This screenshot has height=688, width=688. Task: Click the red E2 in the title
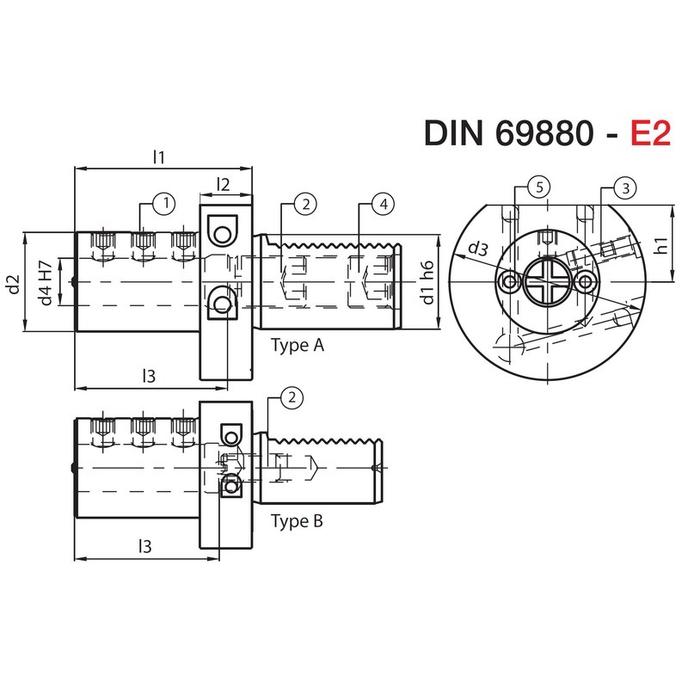[x=651, y=133]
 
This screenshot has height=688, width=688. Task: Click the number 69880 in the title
[x=544, y=133]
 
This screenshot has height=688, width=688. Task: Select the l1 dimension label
[x=159, y=157]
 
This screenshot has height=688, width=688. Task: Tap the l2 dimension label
[x=224, y=185]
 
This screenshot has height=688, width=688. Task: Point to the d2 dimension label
[x=15, y=284]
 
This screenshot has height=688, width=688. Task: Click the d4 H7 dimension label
[x=46, y=283]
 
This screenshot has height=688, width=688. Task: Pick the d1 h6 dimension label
[x=427, y=283]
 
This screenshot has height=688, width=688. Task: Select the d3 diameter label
[x=478, y=249]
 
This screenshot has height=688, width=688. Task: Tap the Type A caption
[x=298, y=346]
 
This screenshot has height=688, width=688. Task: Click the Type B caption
[x=297, y=521]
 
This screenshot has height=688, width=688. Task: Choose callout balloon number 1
[x=165, y=204]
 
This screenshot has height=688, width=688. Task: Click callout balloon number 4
[x=384, y=204]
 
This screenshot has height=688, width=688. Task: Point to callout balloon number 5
[x=540, y=187]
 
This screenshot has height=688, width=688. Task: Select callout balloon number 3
[x=626, y=188]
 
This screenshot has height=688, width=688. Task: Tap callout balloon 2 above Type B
[x=292, y=398]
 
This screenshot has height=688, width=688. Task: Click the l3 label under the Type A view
[x=149, y=376]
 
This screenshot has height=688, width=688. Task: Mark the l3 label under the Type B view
[x=144, y=546]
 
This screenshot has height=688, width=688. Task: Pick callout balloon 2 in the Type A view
[x=306, y=204]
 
